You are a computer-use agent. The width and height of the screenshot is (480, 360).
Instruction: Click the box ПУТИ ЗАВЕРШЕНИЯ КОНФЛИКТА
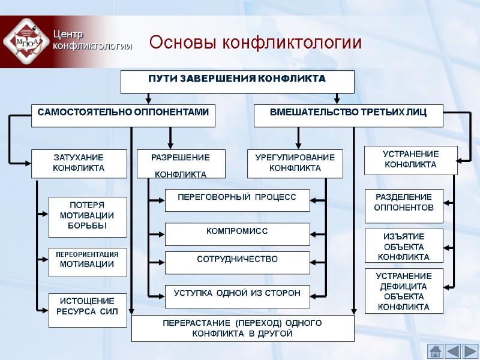237,82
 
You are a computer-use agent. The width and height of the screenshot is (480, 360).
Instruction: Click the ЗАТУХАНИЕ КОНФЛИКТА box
79,164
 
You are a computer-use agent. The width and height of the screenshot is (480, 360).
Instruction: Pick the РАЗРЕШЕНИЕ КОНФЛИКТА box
181,164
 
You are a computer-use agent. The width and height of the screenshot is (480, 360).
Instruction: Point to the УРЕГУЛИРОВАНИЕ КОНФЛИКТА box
295,164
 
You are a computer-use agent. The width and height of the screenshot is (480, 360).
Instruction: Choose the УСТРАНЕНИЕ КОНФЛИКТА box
410,160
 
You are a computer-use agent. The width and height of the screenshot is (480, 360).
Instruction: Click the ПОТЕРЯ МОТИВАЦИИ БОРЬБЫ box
87,216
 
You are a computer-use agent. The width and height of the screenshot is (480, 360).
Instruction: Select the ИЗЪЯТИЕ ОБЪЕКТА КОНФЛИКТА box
404,246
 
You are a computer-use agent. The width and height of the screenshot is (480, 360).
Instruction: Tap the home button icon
436,350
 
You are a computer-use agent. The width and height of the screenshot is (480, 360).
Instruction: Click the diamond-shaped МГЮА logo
26,41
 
